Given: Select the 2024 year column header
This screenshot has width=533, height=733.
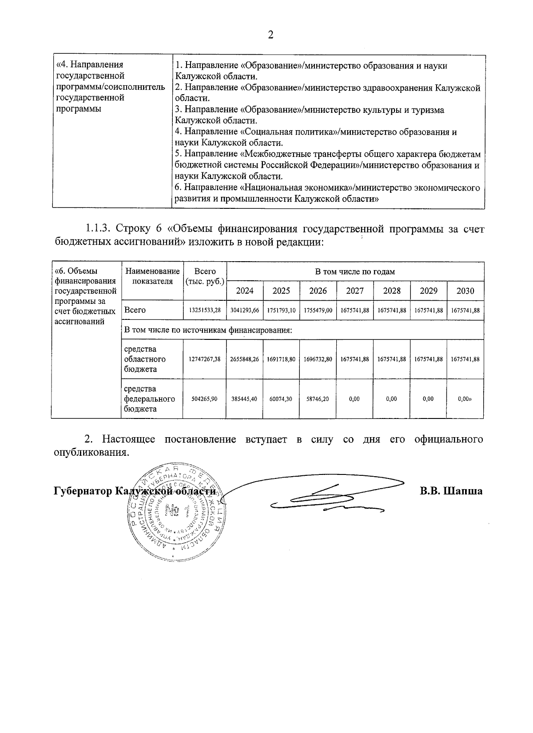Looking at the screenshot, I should pos(245,291).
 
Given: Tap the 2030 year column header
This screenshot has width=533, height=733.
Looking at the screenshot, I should pos(465,291).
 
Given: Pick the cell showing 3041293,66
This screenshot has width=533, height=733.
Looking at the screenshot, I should pos(245,311).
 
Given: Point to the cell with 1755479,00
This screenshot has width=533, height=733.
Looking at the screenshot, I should pos(318,311).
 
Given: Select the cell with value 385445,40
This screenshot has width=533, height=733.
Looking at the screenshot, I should pos(245,399).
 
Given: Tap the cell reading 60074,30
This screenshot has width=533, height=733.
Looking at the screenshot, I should pos(281,399).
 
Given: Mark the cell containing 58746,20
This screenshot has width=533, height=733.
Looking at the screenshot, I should pos(318,399).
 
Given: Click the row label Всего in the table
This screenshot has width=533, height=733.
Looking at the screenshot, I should pos(135,310).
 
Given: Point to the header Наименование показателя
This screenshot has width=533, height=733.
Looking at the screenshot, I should pos(152,276).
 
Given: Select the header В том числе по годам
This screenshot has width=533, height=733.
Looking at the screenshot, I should pos(355,271).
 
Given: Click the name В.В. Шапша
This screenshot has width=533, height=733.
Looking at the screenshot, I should pos(451,491).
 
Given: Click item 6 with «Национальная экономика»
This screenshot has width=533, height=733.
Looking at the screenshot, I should pos(327,193).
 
